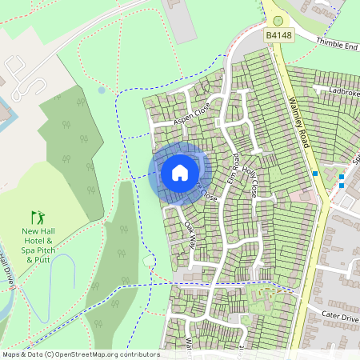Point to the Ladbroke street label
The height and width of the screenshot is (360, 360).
point(343,92)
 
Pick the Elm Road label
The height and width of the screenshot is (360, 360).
point(235,162)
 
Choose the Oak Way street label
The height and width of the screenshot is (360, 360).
point(190,233)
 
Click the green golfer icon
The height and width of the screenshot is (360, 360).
point(38,217)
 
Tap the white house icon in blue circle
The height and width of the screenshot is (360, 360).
point(180,173)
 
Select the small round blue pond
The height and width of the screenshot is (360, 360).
point(102,90)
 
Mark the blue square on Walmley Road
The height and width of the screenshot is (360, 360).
point(316,172)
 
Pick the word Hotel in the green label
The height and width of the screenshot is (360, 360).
point(38,239)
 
